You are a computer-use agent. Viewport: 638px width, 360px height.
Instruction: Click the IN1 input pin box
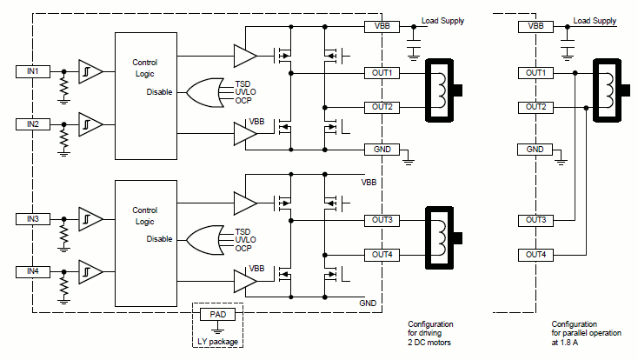33,70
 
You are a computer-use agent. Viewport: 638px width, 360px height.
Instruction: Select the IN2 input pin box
33,124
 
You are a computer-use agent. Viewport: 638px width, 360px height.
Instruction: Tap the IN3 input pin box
33,218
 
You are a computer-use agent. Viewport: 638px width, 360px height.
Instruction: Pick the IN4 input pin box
33,271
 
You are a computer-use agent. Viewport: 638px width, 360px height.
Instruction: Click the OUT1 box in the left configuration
382,72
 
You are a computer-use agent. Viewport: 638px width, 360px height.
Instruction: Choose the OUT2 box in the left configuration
382,106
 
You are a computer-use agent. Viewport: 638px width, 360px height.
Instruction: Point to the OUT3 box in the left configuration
382,220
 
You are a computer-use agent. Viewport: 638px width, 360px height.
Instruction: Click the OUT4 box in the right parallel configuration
535,255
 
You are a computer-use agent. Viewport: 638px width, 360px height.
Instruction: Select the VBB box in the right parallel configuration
535,27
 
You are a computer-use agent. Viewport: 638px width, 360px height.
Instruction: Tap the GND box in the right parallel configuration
535,150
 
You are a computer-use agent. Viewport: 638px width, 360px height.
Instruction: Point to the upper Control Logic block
145,96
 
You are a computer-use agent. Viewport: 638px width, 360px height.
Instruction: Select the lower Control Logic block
145,243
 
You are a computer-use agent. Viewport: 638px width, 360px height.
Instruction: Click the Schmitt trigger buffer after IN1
90,70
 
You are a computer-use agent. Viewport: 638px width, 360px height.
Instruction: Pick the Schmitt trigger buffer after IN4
90,271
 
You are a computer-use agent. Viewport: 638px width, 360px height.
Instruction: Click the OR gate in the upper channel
202,92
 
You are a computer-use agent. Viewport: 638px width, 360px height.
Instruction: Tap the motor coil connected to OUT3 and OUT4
442,237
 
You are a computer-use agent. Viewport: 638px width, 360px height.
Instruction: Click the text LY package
217,340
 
